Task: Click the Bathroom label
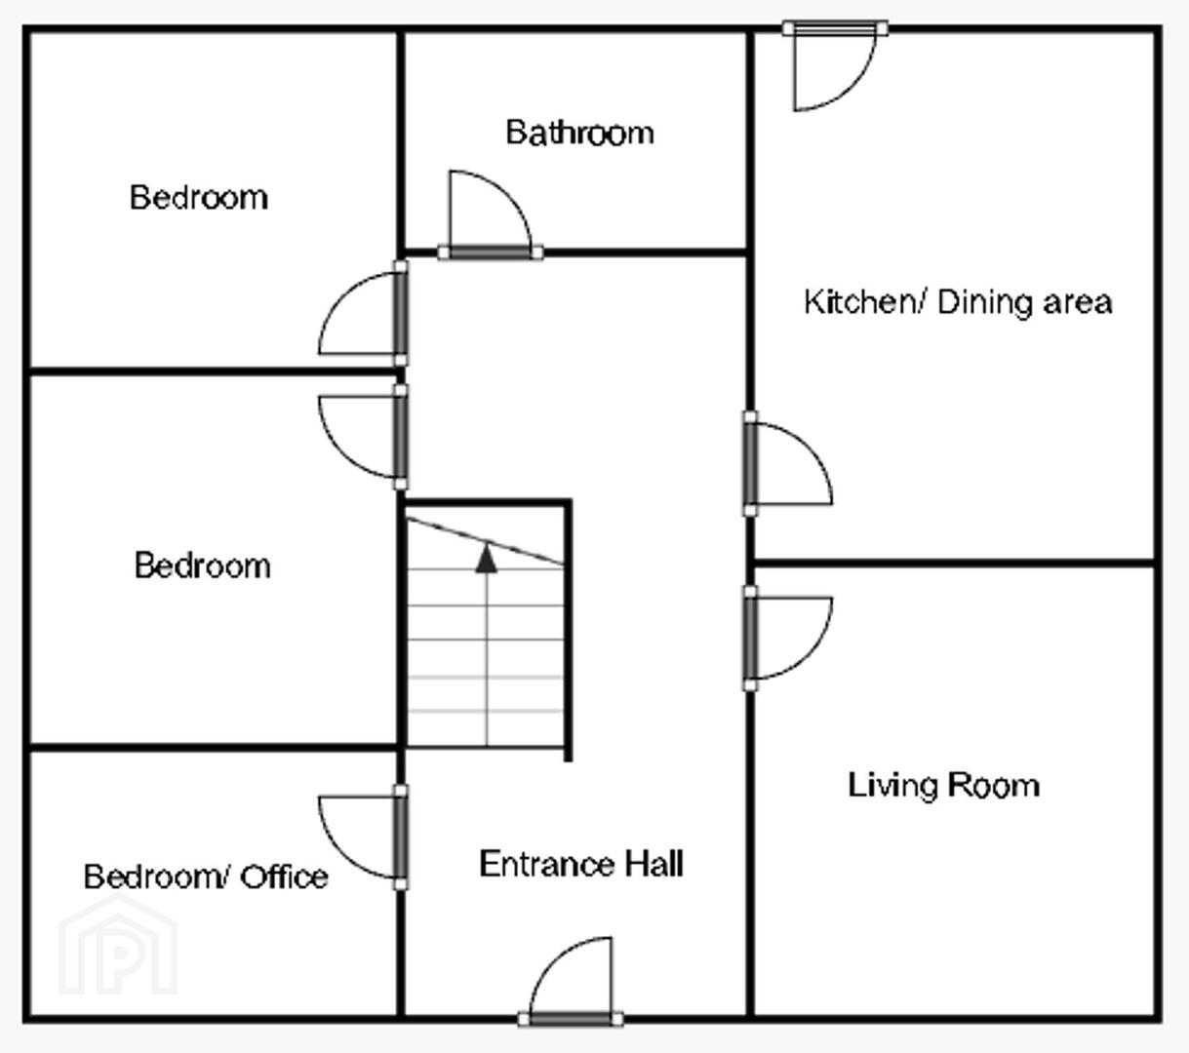(579, 133)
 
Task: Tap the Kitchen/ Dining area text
(958, 303)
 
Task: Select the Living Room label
(943, 786)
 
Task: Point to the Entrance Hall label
(581, 864)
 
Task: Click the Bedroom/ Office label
(206, 877)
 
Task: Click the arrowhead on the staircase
(486, 558)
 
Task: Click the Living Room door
(787, 639)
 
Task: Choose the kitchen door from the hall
(787, 463)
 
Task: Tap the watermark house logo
(118, 945)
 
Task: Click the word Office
(284, 877)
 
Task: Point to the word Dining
(986, 303)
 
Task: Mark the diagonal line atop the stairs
(486, 541)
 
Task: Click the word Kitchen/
(867, 302)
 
